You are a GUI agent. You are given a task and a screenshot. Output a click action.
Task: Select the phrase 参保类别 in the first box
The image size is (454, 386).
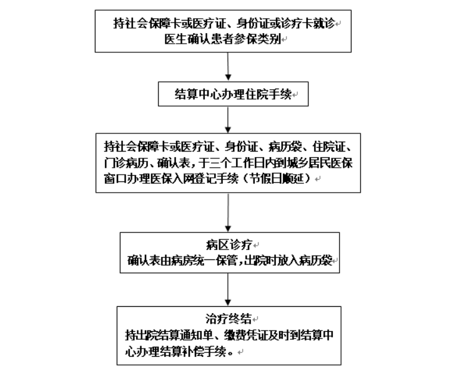click(x=258, y=39)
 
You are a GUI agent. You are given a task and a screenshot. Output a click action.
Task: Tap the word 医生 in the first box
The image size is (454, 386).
click(x=175, y=39)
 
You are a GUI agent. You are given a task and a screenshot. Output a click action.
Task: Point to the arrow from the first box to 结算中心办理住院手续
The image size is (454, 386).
click(x=228, y=66)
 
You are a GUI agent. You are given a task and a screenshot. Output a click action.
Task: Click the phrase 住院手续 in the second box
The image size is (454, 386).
click(x=268, y=94)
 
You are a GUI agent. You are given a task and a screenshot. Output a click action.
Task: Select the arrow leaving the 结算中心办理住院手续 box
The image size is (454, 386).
click(x=228, y=119)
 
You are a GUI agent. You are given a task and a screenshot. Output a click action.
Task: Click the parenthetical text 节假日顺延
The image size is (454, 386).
click(x=277, y=179)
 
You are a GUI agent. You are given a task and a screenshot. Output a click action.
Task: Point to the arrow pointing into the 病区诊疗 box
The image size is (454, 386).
click(x=228, y=212)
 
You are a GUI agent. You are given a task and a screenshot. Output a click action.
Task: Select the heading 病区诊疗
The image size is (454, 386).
click(x=229, y=245)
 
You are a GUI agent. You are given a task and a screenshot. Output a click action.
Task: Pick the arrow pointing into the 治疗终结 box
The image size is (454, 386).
click(x=228, y=289)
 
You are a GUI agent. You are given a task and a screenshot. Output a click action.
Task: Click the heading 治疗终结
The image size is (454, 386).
click(x=229, y=319)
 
